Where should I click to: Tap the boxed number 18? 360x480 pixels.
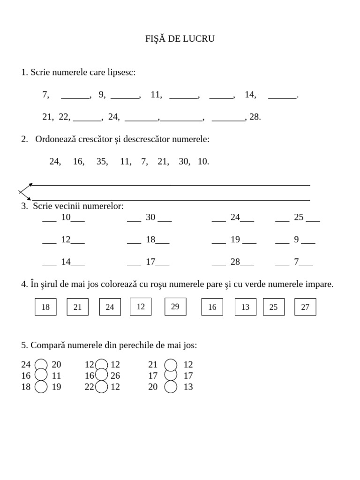click(45, 307)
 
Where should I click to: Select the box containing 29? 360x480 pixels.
click(175, 307)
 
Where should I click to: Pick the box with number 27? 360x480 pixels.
click(305, 307)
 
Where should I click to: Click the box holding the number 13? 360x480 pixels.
click(245, 307)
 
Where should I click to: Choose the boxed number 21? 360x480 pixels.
click(78, 307)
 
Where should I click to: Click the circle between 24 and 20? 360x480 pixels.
click(41, 365)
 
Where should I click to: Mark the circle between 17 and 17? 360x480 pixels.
click(171, 375)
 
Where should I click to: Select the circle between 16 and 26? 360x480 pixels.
click(101, 375)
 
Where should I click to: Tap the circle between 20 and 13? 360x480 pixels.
click(171, 387)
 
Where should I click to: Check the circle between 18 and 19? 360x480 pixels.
click(41, 387)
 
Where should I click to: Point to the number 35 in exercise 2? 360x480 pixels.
click(102, 162)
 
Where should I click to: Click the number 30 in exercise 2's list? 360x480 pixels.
click(184, 162)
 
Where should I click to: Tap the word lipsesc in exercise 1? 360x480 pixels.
click(121, 72)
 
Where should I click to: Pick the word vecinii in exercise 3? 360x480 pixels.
click(71, 206)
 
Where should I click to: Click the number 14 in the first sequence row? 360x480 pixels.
click(250, 95)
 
